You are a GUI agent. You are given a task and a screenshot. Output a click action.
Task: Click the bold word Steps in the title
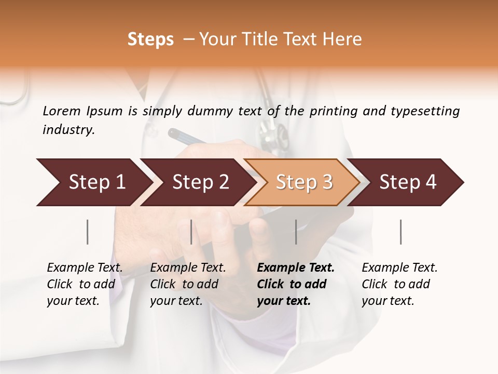coord(150,39)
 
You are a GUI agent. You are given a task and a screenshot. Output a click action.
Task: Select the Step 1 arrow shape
coord(93,182)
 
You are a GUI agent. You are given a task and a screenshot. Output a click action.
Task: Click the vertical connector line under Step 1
coord(88,232)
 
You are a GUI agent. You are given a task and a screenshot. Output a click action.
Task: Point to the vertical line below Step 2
coord(191,232)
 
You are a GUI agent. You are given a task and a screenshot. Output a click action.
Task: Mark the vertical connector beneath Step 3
coord(296,232)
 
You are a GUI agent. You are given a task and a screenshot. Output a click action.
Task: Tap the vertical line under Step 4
coord(401,232)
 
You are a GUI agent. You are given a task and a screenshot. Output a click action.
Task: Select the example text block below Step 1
coord(85,284)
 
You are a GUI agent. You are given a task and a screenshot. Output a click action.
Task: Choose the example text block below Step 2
coord(188,284)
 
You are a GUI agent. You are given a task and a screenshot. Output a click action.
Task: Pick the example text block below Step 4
coord(399,284)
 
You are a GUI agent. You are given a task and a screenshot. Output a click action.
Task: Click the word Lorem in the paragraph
coord(62,111)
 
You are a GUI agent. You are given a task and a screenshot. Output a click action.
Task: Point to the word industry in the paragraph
coord(68,129)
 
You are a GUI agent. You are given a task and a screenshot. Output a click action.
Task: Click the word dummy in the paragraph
coord(213,111)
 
